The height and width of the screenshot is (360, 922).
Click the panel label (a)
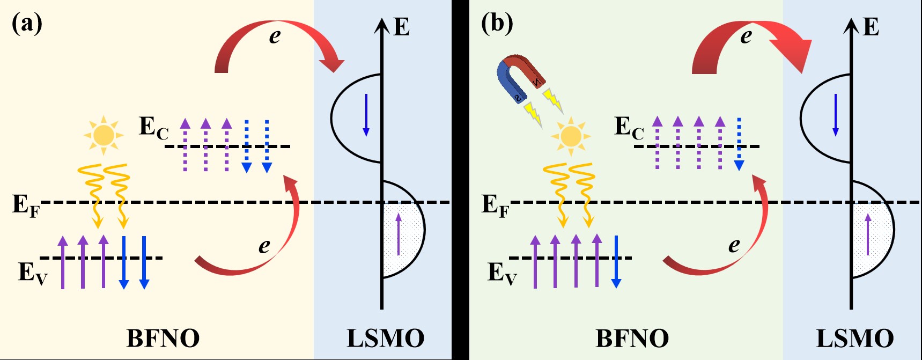[27, 24]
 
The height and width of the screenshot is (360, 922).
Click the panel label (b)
[497, 24]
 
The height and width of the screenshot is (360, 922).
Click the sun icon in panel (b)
[571, 136]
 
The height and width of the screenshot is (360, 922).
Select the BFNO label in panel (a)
[163, 339]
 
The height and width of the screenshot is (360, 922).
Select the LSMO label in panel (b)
[854, 339]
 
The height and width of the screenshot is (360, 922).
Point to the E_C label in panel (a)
[153, 128]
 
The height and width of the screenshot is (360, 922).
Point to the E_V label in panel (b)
[501, 273]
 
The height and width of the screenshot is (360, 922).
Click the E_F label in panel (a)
[25, 205]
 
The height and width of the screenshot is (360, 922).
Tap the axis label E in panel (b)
[871, 27]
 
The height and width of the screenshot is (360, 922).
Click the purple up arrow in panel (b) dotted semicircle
[868, 234]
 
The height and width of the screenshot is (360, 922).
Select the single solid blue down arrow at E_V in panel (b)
[616, 261]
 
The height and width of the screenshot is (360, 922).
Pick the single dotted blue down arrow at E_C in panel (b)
[739, 144]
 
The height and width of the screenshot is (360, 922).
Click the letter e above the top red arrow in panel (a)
[275, 36]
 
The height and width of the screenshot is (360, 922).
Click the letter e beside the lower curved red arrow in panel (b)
[734, 245]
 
